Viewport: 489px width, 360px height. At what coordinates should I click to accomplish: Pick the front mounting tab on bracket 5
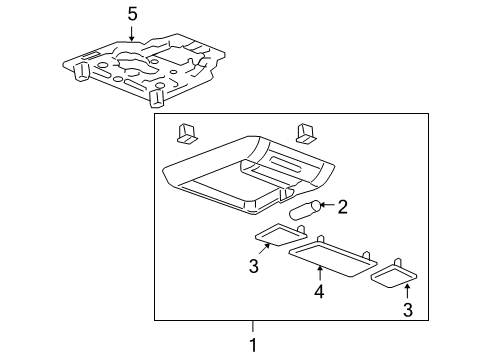coord(156,100)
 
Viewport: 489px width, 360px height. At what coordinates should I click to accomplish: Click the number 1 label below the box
coord(252,345)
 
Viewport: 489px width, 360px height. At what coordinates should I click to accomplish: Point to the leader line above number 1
coord(252,326)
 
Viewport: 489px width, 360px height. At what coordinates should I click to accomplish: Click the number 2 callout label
coord(342,207)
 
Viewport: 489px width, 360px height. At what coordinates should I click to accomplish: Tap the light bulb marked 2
coord(303,210)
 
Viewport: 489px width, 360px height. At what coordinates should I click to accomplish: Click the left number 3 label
coord(254,266)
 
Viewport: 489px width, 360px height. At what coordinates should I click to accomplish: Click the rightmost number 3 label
coord(407,311)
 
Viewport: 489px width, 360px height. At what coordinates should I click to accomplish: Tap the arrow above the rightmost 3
coord(407,293)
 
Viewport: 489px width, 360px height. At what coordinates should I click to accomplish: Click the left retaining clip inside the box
coord(187,134)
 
